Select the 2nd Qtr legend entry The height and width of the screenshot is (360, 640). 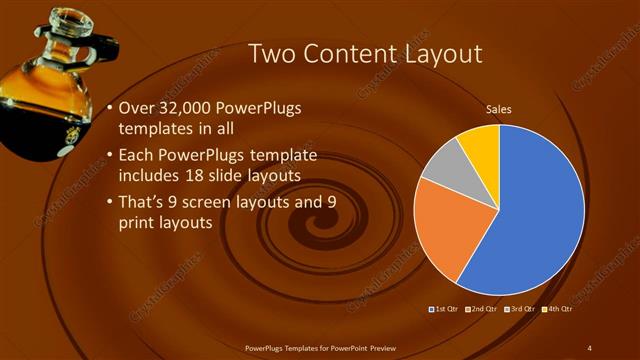[483, 309]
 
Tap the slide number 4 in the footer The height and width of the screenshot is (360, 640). [590, 347]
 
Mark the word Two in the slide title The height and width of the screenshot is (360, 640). [267, 53]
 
